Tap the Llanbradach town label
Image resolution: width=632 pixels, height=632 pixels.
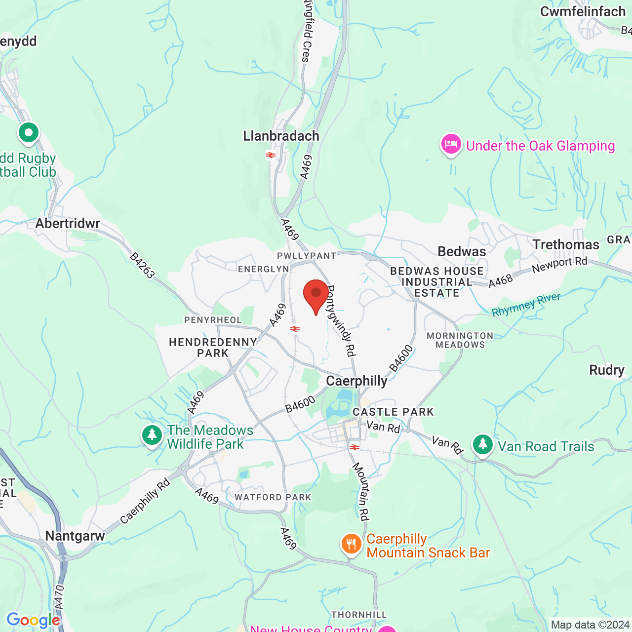click(x=281, y=136)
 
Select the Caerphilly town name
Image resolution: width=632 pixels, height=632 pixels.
click(x=356, y=381)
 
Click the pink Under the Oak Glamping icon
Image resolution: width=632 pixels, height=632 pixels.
click(x=451, y=145)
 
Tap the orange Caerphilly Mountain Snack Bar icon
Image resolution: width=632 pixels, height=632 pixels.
click(x=351, y=544)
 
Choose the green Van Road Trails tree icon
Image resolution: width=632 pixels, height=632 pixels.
click(x=482, y=445)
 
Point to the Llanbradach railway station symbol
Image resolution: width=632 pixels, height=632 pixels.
click(x=270, y=155)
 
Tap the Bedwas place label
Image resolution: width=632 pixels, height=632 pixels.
click(x=462, y=252)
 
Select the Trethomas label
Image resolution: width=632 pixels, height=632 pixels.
click(x=566, y=245)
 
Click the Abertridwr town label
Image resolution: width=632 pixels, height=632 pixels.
click(x=68, y=224)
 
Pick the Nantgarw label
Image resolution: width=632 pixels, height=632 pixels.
click(x=75, y=536)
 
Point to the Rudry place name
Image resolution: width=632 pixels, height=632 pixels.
click(x=607, y=370)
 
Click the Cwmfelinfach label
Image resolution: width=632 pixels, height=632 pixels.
click(x=583, y=12)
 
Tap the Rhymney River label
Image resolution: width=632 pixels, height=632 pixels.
click(x=526, y=305)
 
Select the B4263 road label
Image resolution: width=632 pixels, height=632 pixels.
click(x=142, y=265)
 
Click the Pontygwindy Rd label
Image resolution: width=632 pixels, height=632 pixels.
click(x=341, y=320)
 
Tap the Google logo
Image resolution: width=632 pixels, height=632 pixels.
click(x=33, y=620)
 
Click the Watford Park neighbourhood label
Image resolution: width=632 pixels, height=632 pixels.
click(x=273, y=497)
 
